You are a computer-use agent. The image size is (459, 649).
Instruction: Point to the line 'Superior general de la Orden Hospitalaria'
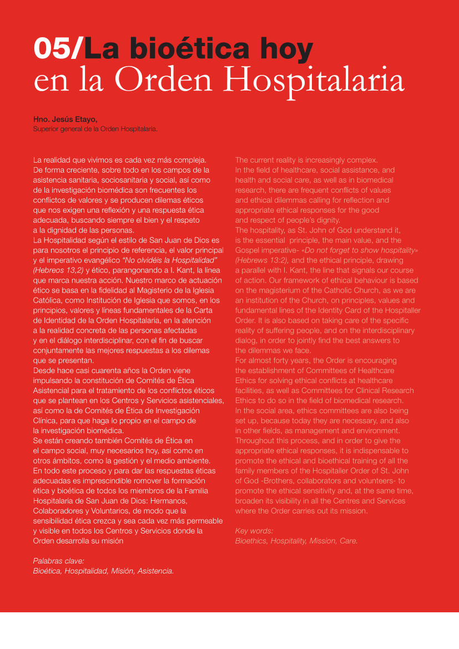95,129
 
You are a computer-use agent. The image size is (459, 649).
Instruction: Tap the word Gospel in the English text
248,250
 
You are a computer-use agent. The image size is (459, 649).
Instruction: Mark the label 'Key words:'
254,530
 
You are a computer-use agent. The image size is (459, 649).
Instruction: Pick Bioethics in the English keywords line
251,540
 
